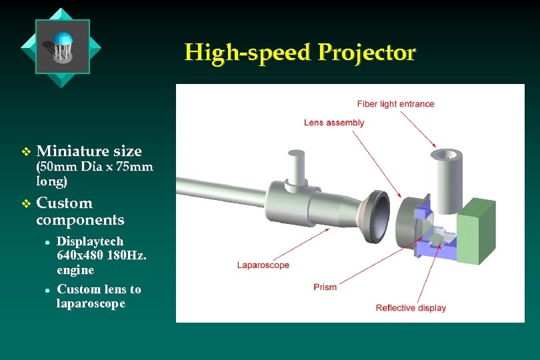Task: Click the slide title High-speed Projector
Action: point(299,52)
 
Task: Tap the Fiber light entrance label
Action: point(395,104)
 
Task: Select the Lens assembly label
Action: point(334,123)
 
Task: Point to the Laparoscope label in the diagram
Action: point(263,265)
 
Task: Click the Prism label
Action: point(325,287)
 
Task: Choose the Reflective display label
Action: point(411,308)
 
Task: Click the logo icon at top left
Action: point(61,47)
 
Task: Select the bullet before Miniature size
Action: point(25,151)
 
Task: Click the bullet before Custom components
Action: point(25,203)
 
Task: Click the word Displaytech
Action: point(90,241)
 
